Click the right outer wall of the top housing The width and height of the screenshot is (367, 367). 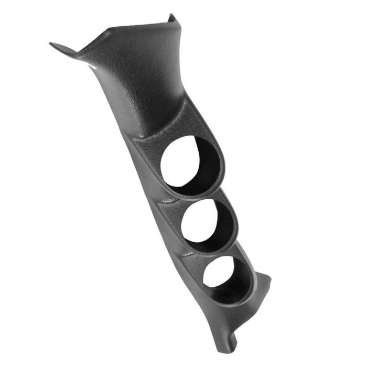[220, 157]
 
